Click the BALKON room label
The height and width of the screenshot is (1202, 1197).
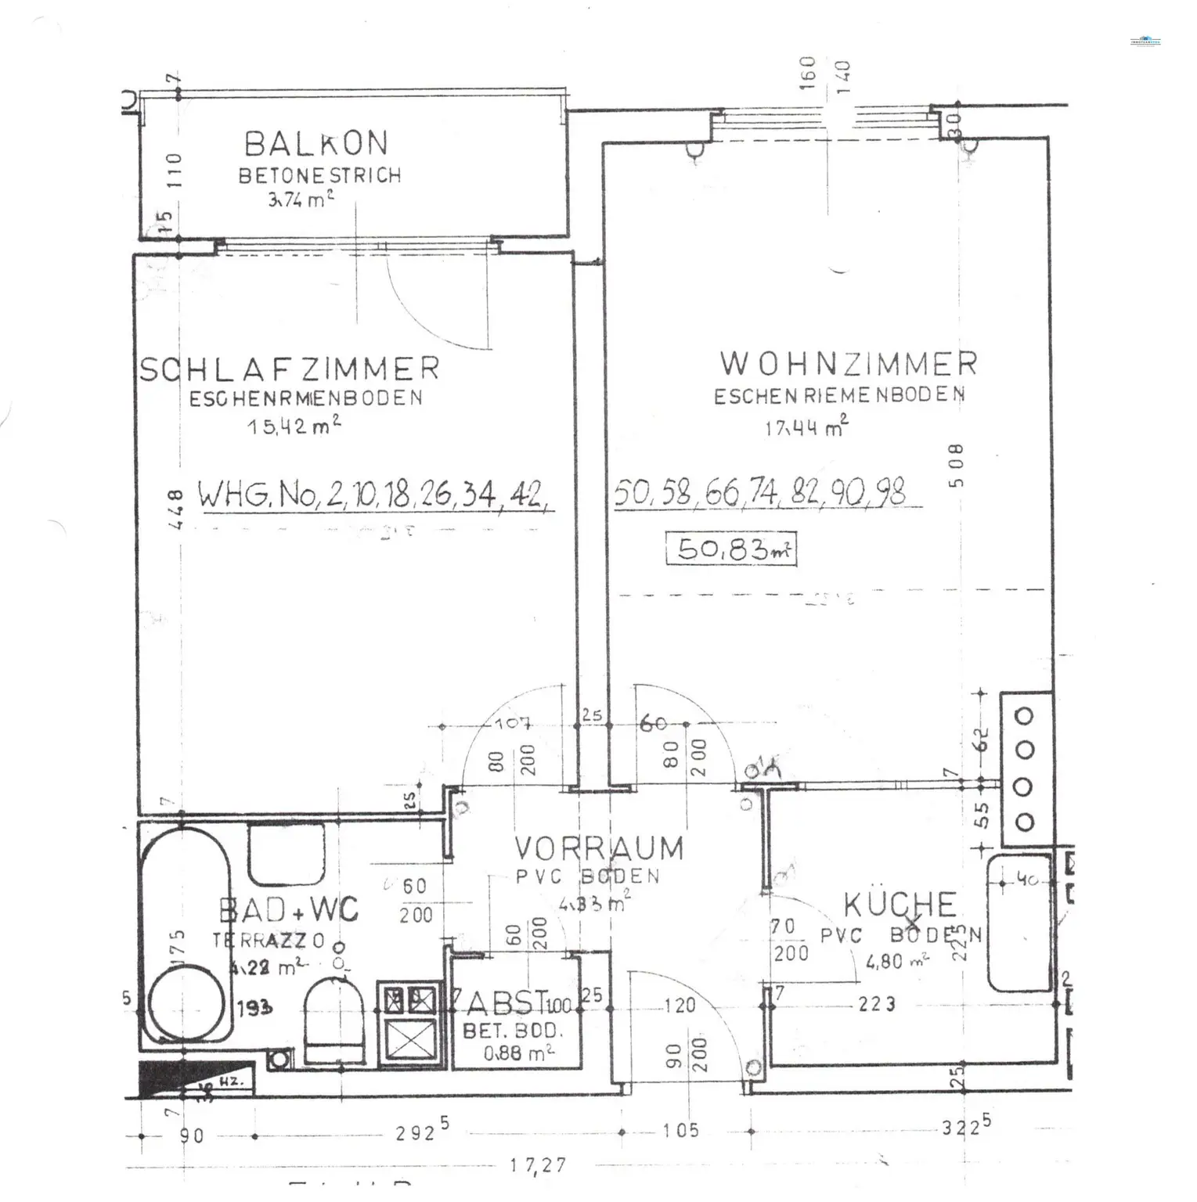[x=315, y=143]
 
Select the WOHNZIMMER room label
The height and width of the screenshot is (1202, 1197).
[x=848, y=363]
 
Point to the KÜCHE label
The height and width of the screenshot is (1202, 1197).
[x=900, y=905]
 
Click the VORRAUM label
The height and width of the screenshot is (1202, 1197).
[x=598, y=848]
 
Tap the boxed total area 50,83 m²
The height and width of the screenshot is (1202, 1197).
[x=731, y=549]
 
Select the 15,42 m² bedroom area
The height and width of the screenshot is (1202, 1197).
[x=294, y=426]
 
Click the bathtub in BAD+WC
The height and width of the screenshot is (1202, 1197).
[x=186, y=939]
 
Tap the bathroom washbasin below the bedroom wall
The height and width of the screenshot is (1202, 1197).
[x=286, y=857]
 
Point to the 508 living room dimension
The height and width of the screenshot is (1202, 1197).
[x=956, y=466]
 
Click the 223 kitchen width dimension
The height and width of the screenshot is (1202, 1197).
[x=876, y=1003]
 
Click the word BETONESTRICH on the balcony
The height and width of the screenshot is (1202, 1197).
[x=319, y=175]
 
